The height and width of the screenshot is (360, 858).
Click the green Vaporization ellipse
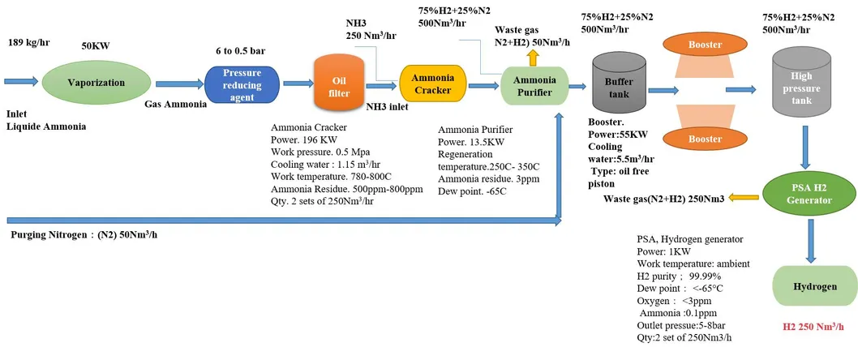point(97,83)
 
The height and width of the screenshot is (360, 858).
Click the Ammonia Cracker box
point(433,84)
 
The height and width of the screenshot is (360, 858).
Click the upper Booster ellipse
point(704,45)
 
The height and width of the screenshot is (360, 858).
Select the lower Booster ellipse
point(704,139)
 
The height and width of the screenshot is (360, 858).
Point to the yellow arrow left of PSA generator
point(744,197)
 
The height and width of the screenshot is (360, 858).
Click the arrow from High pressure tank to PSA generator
point(808,153)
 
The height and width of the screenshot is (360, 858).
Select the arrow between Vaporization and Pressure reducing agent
point(174,84)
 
